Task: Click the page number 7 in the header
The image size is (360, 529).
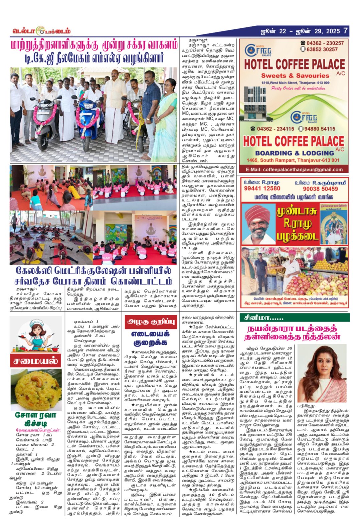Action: [345, 31]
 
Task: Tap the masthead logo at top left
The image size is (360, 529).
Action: [41, 31]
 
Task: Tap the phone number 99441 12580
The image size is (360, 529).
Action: [262, 189]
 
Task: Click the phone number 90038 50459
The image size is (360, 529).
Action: [320, 189]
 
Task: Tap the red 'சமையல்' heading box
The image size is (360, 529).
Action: [36, 361]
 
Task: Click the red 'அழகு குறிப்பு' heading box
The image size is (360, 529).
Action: [151, 322]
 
